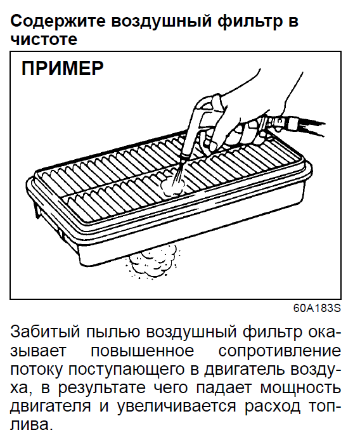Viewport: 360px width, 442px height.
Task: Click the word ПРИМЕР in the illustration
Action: (x=63, y=68)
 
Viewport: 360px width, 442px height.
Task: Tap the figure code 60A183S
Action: (x=317, y=308)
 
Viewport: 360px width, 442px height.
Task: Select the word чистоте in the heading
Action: (x=44, y=39)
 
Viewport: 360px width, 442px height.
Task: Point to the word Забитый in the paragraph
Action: (x=45, y=332)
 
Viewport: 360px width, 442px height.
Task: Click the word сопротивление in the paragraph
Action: (x=280, y=351)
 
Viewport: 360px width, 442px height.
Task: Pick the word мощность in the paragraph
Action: (x=300, y=389)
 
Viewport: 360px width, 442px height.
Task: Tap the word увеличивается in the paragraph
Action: (x=176, y=406)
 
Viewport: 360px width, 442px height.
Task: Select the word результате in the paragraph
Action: (x=101, y=389)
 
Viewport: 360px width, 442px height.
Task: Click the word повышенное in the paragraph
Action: (x=142, y=351)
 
